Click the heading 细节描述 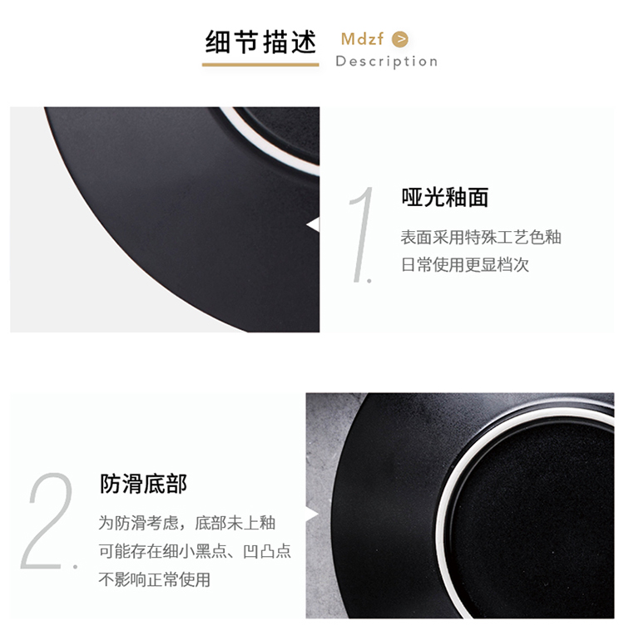(260, 42)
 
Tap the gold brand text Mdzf (362, 39)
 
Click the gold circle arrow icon (400, 39)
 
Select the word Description (387, 62)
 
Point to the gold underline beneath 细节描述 (260, 65)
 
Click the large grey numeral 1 (362, 234)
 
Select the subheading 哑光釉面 (444, 197)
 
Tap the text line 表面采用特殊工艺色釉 (481, 237)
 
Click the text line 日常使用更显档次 (464, 265)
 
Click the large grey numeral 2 (47, 521)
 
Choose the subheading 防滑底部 (143, 484)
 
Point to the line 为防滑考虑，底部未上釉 (186, 523)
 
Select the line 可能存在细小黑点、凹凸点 (195, 551)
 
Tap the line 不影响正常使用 (155, 579)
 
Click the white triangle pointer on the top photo (314, 225)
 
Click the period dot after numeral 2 (75, 566)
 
